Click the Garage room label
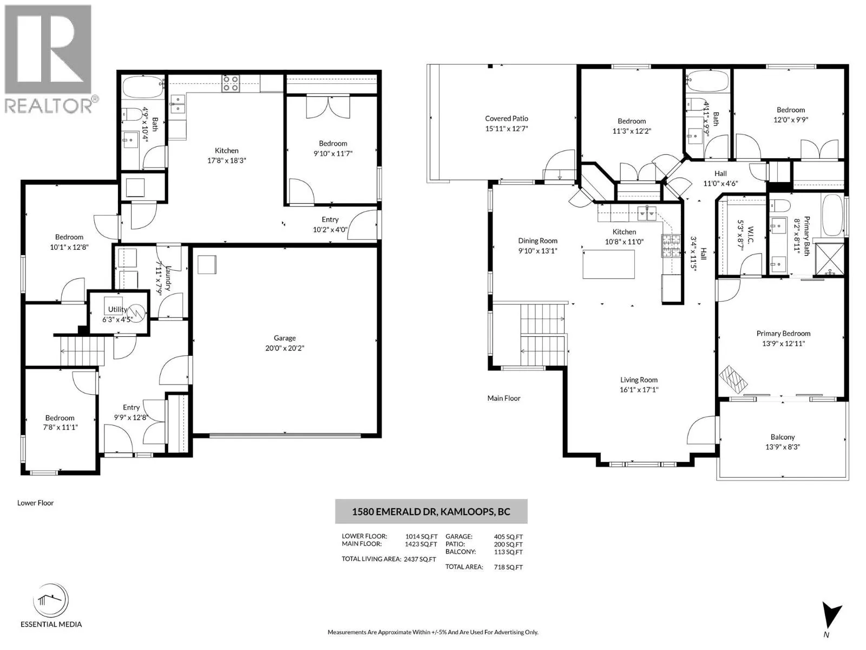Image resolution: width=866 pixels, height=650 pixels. pyautogui.click(x=285, y=338)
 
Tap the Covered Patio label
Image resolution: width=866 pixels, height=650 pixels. pyautogui.click(x=506, y=119)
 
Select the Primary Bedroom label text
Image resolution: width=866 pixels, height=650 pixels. pyautogui.click(x=783, y=334)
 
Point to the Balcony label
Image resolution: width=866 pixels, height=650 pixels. pyautogui.click(x=782, y=437)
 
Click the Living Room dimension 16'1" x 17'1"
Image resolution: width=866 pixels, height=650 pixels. pyautogui.click(x=639, y=389)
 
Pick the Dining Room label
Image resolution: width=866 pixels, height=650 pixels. pyautogui.click(x=537, y=240)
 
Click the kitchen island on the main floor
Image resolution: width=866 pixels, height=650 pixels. pyautogui.click(x=609, y=264)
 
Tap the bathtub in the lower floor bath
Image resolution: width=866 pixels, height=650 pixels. pyautogui.click(x=142, y=87)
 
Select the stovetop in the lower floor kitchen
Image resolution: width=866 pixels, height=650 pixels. pyautogui.click(x=231, y=83)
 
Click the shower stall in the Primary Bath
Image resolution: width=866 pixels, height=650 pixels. pyautogui.click(x=829, y=259)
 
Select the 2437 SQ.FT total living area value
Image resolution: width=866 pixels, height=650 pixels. pyautogui.click(x=420, y=559)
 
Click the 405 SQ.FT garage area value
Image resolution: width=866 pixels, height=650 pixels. pyautogui.click(x=508, y=537)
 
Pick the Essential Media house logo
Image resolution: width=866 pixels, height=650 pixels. pyautogui.click(x=51, y=600)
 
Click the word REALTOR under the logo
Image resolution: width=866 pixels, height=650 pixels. pyautogui.click(x=47, y=106)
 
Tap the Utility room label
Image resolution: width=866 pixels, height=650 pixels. pyautogui.click(x=117, y=310)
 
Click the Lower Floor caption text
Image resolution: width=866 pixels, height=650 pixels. pyautogui.click(x=35, y=503)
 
